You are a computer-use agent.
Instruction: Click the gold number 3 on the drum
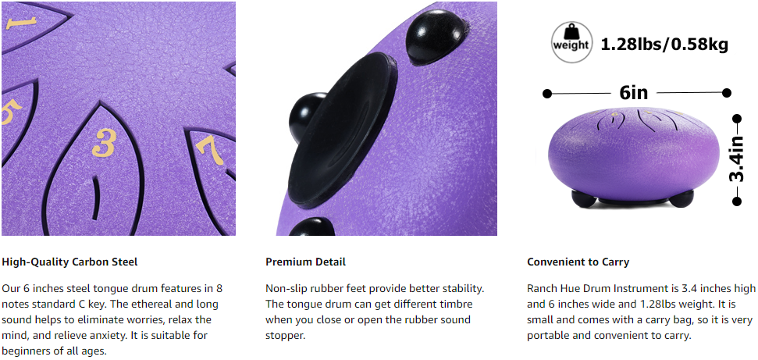coord(104,143)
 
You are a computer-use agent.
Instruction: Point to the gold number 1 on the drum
coord(21,23)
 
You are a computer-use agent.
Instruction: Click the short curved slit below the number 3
coord(98,198)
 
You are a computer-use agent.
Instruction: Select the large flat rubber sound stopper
coord(340,130)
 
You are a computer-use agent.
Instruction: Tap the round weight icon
coord(571,43)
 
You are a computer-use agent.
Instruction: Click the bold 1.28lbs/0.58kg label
coord(664,45)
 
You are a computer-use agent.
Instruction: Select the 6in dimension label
coord(633,92)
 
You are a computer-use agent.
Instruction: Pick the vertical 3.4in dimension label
coord(737,159)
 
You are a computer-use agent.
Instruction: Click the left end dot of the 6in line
coord(546,94)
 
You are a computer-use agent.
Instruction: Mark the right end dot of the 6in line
coord(726,93)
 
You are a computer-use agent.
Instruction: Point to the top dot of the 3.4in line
coord(737,119)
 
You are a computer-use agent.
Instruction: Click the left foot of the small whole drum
coord(583,198)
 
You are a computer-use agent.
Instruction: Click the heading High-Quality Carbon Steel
coord(69,262)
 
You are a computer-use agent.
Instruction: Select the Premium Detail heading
coord(305,262)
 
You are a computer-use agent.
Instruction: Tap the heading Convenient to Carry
coord(578,262)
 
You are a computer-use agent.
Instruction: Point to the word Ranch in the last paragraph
coord(540,289)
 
